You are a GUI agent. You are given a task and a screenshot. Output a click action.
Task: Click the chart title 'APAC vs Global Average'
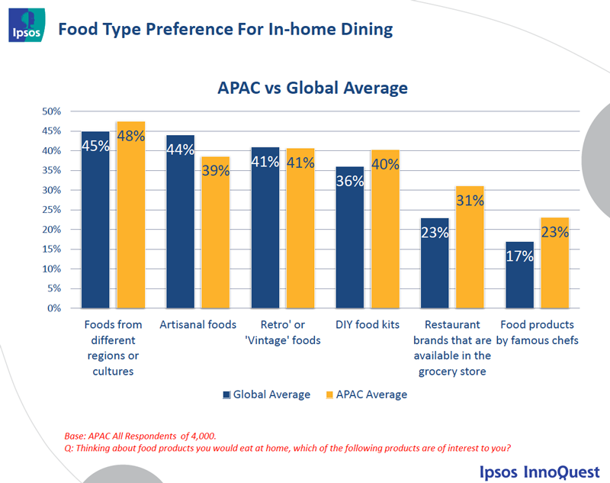[x=313, y=88]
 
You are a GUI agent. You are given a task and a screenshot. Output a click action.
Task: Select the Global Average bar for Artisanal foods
[x=181, y=221]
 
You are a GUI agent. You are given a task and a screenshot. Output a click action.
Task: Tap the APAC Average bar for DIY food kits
[x=385, y=229]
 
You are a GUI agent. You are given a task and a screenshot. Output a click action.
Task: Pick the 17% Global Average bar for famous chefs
[x=519, y=275]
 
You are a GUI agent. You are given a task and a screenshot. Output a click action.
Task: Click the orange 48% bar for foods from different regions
[x=130, y=214]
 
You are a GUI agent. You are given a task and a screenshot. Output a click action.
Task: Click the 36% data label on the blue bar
[x=350, y=182]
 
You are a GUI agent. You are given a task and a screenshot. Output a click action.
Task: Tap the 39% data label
[x=215, y=171]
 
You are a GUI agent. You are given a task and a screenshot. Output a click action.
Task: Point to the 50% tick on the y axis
[x=52, y=111]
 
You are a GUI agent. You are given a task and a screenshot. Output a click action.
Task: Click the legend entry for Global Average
[x=266, y=394]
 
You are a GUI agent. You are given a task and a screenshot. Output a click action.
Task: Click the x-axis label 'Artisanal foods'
[x=198, y=325]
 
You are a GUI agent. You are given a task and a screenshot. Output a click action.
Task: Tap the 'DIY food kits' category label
[x=368, y=325]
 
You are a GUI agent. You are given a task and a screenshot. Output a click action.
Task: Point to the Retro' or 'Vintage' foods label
[x=283, y=333]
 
